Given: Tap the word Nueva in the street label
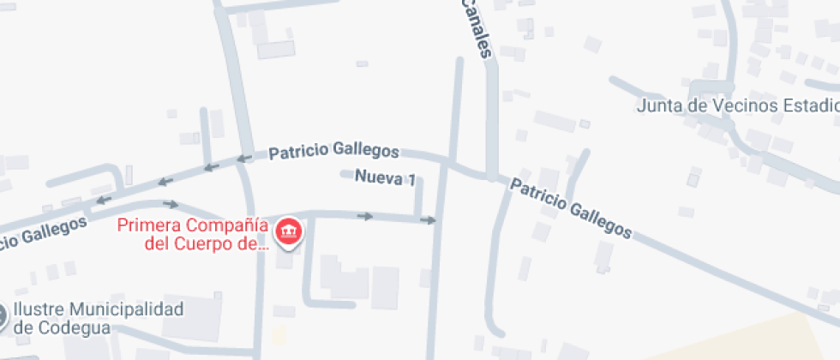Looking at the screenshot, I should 379,178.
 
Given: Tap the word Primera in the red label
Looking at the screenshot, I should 146,227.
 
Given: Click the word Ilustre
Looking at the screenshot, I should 42,309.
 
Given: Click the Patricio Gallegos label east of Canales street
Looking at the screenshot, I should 572,208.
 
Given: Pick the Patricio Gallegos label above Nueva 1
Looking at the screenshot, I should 333,153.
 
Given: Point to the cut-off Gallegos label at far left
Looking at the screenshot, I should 43,233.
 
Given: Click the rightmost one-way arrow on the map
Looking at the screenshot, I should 428,220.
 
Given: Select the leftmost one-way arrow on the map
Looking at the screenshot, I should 104,200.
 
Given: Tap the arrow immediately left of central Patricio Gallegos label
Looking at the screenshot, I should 244,159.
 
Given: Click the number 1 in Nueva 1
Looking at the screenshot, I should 412,179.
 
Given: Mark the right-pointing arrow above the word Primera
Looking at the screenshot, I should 171,204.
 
